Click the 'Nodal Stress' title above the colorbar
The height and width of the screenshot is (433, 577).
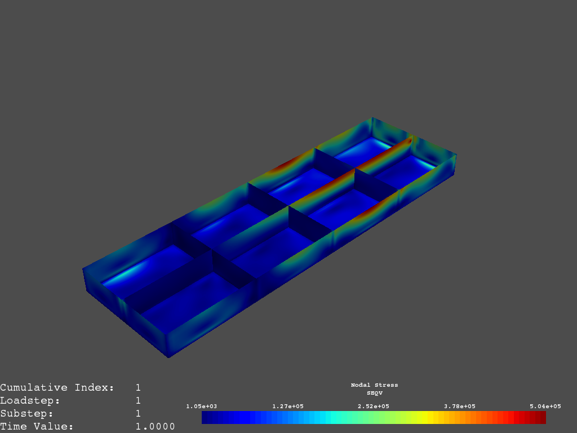tap(374, 385)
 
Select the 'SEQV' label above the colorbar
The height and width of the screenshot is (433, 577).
tap(374, 392)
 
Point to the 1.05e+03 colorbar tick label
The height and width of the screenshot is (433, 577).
tap(202, 406)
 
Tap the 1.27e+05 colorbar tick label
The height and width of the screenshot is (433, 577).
tap(288, 406)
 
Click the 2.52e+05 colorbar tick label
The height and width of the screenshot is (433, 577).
tap(374, 406)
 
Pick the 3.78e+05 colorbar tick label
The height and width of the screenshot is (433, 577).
tap(460, 406)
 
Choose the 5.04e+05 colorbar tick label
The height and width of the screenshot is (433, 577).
tap(545, 406)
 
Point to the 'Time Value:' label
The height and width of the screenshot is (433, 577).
tap(37, 427)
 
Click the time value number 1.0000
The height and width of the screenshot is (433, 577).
tap(155, 427)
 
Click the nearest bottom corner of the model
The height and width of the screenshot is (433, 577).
tap(168, 357)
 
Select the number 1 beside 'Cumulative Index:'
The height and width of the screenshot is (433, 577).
tap(138, 388)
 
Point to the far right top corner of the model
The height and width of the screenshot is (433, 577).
tap(456, 154)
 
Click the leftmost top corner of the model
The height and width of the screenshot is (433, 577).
tap(83, 268)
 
